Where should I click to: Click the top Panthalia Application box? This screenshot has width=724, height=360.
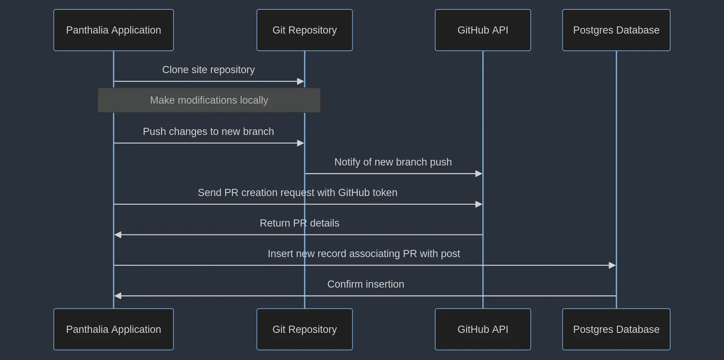pyautogui.click(x=114, y=30)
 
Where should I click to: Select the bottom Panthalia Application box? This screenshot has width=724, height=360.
pyautogui.click(x=114, y=329)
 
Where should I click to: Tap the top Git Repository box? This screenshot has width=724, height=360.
pyautogui.click(x=304, y=30)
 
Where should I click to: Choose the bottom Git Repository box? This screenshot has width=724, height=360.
pyautogui.click(x=304, y=329)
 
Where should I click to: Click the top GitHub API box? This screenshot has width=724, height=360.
pyautogui.click(x=483, y=30)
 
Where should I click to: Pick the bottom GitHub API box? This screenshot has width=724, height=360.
pyautogui.click(x=483, y=329)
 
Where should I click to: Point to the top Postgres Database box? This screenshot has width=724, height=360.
pyautogui.click(x=616, y=30)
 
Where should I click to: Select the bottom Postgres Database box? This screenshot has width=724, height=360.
pyautogui.click(x=616, y=329)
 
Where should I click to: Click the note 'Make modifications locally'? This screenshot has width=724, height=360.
pyautogui.click(x=209, y=100)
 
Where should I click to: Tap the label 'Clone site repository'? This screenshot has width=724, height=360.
pyautogui.click(x=208, y=70)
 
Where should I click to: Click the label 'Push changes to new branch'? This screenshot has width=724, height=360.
pyautogui.click(x=208, y=132)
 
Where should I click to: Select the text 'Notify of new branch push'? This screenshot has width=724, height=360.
pyautogui.click(x=393, y=162)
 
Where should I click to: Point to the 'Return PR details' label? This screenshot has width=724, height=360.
pyautogui.click(x=299, y=223)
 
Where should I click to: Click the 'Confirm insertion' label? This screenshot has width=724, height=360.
pyautogui.click(x=365, y=284)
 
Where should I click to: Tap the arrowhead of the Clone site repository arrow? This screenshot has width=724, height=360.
pyautogui.click(x=301, y=81)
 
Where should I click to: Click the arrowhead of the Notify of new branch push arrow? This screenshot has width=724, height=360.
pyautogui.click(x=479, y=174)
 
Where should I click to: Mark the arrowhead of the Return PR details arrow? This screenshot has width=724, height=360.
pyautogui.click(x=118, y=235)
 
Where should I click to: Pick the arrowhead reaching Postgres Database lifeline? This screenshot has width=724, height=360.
pyautogui.click(x=612, y=265)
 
